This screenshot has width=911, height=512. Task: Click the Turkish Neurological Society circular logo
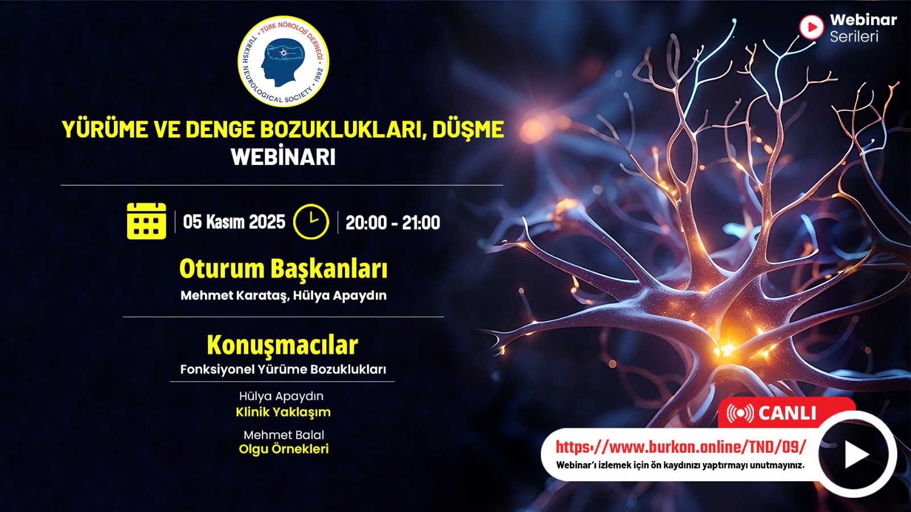click(x=284, y=61)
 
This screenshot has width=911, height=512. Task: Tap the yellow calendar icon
click(x=146, y=221)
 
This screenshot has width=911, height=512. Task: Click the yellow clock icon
click(x=311, y=221)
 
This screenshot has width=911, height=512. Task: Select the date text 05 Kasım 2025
click(x=234, y=222)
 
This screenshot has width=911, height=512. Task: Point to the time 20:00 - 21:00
click(x=393, y=222)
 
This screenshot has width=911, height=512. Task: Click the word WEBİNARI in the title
click(x=283, y=157)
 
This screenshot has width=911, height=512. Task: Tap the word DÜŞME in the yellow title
click(x=467, y=130)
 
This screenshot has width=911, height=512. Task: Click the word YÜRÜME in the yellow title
click(x=105, y=129)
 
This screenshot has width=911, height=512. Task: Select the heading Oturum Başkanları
click(x=284, y=270)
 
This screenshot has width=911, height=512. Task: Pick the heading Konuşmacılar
click(x=282, y=345)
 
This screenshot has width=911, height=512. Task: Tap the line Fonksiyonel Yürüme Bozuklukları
click(x=283, y=369)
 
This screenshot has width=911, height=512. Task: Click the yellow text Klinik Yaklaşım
click(x=283, y=412)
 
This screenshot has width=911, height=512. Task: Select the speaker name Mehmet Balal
click(x=284, y=435)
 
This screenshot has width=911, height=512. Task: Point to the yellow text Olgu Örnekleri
click(x=284, y=449)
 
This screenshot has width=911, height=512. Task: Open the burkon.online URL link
click(x=681, y=447)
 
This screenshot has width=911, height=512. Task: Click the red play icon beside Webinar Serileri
click(x=811, y=27)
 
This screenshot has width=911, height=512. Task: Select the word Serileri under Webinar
click(x=854, y=36)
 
